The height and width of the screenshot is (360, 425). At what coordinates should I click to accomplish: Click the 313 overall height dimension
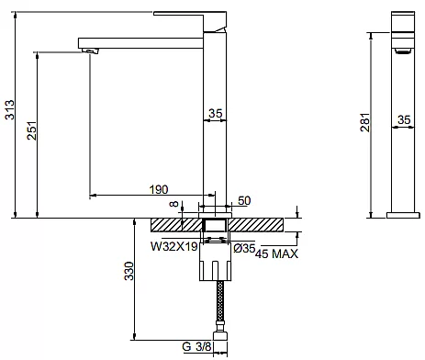(10, 109)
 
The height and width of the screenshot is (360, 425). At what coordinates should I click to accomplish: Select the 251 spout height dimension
(32, 130)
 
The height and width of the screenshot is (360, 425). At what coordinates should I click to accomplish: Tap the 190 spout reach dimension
(159, 189)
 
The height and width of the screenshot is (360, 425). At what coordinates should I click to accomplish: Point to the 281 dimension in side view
(365, 122)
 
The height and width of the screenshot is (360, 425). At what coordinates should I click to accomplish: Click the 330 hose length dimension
(129, 271)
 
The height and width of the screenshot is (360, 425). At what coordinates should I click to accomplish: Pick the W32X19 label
(174, 246)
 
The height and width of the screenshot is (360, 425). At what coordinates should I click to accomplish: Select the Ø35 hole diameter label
(244, 248)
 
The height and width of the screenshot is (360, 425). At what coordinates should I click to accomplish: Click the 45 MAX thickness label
(276, 253)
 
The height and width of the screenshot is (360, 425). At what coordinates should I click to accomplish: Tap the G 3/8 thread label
(196, 346)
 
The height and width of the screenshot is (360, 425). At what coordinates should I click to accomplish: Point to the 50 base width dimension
(244, 201)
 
